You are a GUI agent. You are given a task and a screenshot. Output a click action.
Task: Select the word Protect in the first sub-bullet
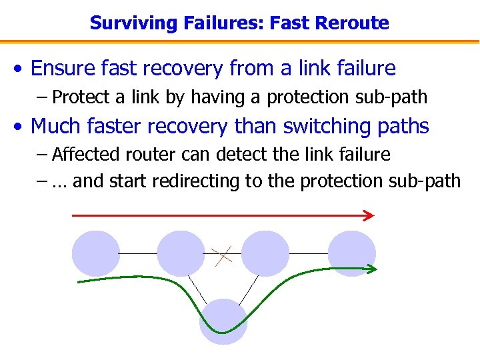81,97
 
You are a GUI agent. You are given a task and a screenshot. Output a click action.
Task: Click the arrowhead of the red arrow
369,215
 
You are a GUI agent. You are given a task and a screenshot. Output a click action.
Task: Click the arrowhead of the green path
371,268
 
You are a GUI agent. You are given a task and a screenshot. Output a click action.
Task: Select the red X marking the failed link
222,255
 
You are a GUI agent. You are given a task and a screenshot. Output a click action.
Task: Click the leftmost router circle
95,253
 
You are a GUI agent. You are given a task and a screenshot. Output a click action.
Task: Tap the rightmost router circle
352,253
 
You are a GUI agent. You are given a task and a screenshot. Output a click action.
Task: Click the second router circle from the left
180,253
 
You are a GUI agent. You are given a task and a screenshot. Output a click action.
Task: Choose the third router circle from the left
265,253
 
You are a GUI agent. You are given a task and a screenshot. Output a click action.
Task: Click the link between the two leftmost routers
138,254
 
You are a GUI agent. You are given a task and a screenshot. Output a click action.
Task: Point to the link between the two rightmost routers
309,254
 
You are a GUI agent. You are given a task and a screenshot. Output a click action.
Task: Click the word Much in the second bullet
55,126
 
